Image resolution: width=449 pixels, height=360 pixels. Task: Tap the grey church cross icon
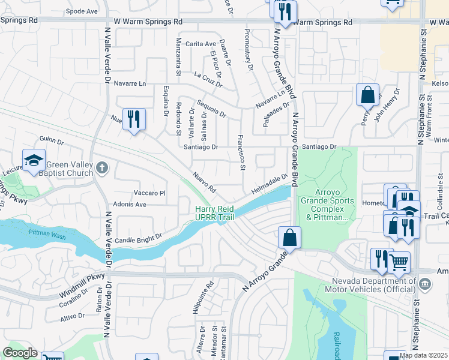103,167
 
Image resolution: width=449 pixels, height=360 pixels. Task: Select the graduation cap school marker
34,160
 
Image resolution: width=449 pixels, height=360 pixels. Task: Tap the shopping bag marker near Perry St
367,94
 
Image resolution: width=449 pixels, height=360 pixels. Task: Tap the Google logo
19,353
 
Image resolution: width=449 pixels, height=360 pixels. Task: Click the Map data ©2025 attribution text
423,355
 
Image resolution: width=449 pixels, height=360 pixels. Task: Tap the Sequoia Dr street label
210,109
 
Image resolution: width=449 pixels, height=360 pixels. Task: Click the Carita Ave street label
200,44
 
